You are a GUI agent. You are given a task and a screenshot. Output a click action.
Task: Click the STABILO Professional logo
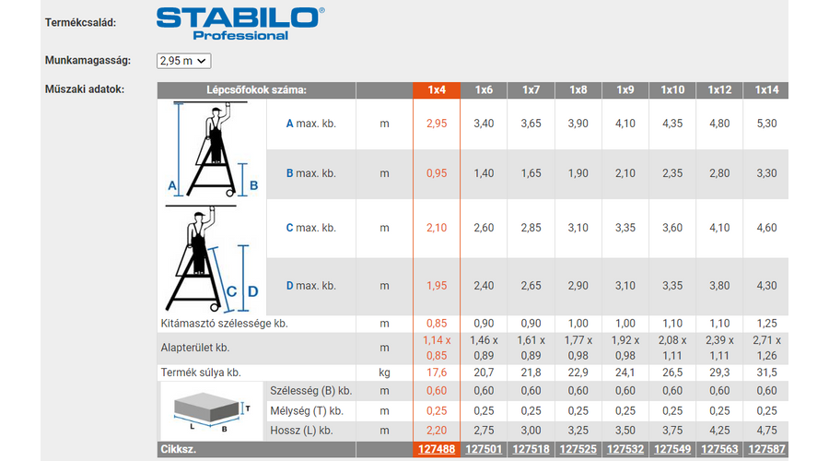pyautogui.click(x=240, y=24)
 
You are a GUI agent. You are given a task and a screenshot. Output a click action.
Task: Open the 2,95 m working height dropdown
pyautogui.click(x=183, y=61)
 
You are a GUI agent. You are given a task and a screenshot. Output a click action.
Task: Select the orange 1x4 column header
pyautogui.click(x=437, y=90)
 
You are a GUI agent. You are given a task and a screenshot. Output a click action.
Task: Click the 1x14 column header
pyautogui.click(x=766, y=90)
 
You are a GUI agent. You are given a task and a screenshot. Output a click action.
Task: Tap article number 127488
pyautogui.click(x=437, y=449)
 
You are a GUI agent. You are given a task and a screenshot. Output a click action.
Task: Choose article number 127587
pyautogui.click(x=766, y=449)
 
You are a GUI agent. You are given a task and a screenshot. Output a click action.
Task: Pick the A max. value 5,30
pyautogui.click(x=766, y=124)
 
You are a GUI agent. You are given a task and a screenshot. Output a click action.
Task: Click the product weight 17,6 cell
pyautogui.click(x=437, y=372)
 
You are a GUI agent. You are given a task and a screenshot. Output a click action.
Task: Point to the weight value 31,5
pyautogui.click(x=766, y=372)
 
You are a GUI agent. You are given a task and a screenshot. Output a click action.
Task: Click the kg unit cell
pyautogui.click(x=384, y=372)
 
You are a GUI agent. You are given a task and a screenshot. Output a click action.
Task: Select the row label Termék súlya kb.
pyautogui.click(x=201, y=372)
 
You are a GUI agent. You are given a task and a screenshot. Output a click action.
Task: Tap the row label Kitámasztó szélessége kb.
pyautogui.click(x=224, y=324)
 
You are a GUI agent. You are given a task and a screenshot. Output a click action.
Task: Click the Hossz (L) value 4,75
pyautogui.click(x=766, y=431)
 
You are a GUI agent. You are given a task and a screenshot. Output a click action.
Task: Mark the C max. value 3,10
pyautogui.click(x=578, y=228)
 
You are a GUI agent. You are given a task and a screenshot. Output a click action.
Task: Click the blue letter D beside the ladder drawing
pyautogui.click(x=253, y=291)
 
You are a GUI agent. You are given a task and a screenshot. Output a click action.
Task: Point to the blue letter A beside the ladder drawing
pyautogui.click(x=172, y=185)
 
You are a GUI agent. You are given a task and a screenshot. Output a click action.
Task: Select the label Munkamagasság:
pyautogui.click(x=88, y=60)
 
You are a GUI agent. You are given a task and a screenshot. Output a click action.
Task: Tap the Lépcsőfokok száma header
pyautogui.click(x=256, y=90)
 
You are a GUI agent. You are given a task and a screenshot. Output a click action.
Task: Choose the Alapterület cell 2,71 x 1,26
pyautogui.click(x=766, y=349)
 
